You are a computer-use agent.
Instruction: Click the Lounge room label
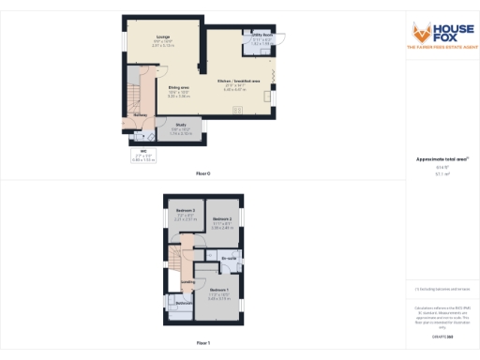click(150, 34)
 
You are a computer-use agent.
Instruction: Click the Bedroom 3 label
click(185, 211)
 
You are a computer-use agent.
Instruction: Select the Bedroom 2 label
click(221, 218)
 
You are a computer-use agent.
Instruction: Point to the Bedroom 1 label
click(217, 290)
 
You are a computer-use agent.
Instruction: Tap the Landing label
click(187, 281)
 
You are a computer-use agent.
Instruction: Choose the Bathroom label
click(184, 303)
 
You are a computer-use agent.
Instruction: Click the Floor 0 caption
click(202, 174)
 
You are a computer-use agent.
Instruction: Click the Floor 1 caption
click(202, 344)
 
